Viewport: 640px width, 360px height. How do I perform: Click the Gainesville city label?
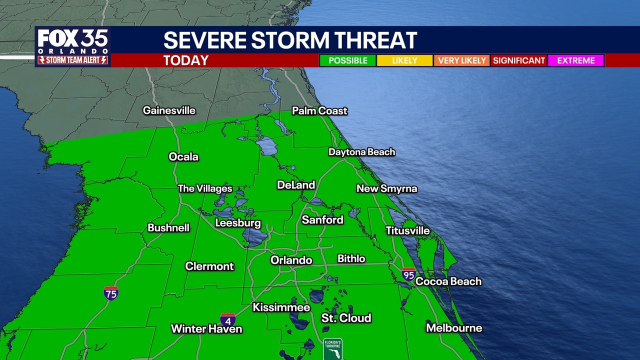pyautogui.click(x=169, y=110)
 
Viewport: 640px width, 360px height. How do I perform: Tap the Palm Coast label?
pyautogui.click(x=319, y=110)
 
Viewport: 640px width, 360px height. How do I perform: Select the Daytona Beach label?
pyautogui.click(x=361, y=152)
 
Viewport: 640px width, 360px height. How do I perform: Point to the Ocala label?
pyautogui.click(x=183, y=156)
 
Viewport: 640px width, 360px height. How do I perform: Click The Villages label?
pyautogui.click(x=205, y=188)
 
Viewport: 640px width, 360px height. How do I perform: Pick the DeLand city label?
pyautogui.click(x=296, y=185)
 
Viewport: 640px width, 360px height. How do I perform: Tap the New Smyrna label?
pyautogui.click(x=386, y=188)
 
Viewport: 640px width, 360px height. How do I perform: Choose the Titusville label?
pyautogui.click(x=407, y=230)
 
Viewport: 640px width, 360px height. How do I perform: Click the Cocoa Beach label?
pyautogui.click(x=448, y=281)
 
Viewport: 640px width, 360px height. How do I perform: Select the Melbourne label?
pyautogui.click(x=454, y=328)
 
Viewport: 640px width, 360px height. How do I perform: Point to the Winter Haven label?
pyautogui.click(x=206, y=328)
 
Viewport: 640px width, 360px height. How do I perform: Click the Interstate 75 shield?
pyautogui.click(x=111, y=292)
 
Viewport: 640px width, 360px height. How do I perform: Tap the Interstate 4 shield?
pyautogui.click(x=227, y=319)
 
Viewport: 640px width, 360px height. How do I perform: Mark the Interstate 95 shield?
pyautogui.click(x=408, y=274)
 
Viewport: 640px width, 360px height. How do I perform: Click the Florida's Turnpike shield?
pyautogui.click(x=332, y=349)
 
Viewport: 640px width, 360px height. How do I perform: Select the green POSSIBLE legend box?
pyautogui.click(x=348, y=60)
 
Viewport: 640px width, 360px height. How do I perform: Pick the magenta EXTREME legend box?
pyautogui.click(x=576, y=60)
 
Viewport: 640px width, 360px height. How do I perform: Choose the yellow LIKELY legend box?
pyautogui.click(x=404, y=60)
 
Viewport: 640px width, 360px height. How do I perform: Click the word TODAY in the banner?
pyautogui.click(x=186, y=60)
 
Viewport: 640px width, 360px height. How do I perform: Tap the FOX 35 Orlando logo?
pyautogui.click(x=73, y=46)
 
